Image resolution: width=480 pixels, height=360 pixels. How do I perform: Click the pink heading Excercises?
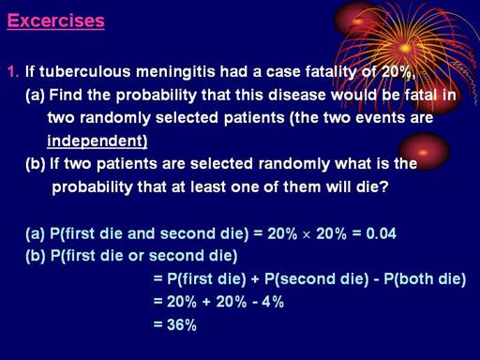point(56,21)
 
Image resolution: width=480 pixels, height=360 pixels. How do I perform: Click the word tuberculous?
point(85,71)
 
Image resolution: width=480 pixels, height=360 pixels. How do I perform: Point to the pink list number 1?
point(13,72)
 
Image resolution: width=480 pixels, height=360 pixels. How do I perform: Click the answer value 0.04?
point(381,233)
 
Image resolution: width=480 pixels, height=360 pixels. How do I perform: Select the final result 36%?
point(182,324)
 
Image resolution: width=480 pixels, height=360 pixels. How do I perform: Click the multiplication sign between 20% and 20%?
point(307,235)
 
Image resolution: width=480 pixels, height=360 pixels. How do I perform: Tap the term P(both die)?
point(425,279)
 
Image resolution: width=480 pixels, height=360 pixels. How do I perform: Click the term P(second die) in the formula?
point(316,279)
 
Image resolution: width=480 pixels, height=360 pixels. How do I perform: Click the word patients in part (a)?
point(254,118)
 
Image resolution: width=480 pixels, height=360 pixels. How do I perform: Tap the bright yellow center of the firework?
point(405,49)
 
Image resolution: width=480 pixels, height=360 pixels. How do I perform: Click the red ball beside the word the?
point(425,151)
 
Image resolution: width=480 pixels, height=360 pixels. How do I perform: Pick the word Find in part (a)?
point(66,95)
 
